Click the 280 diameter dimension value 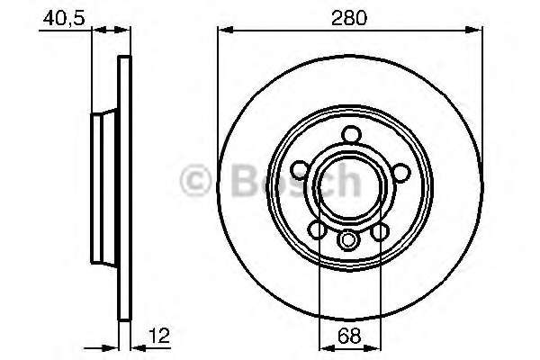click(349, 18)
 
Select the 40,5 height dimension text click(64, 18)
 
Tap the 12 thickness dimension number click(159, 336)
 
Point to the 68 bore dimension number click(349, 336)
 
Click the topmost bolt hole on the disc click(352, 134)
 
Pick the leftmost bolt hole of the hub click(300, 170)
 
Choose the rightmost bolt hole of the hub click(401, 171)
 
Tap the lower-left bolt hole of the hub click(317, 230)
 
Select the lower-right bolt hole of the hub click(380, 231)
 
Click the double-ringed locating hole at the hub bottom click(347, 240)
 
